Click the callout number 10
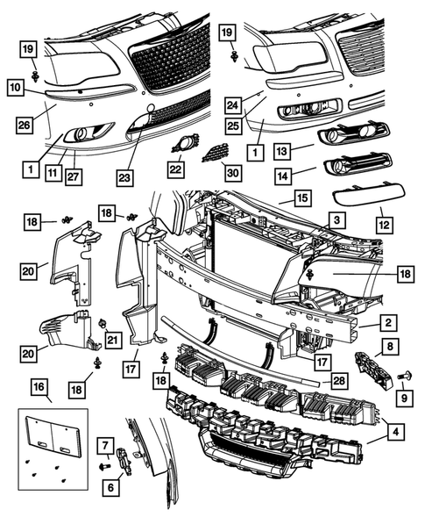coord(16,88)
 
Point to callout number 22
coord(176,168)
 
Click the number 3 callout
coord(336,219)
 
